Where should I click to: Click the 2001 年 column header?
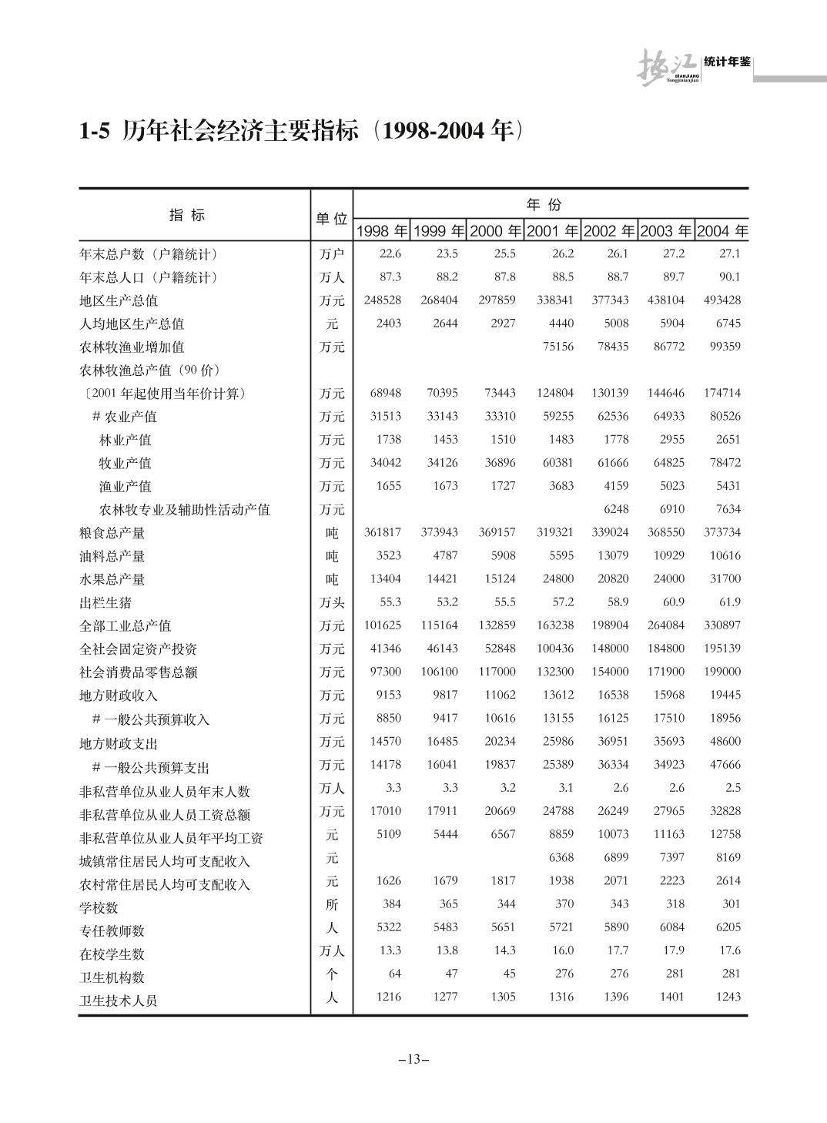(552, 231)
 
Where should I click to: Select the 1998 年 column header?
(382, 231)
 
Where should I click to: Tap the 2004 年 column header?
(722, 231)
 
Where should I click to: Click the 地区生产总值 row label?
(119, 300)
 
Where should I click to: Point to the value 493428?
(722, 300)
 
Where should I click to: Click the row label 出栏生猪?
(105, 602)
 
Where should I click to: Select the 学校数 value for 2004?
(731, 903)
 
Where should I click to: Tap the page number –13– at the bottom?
(413, 1059)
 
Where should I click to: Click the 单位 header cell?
(331, 219)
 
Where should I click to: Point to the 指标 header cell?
(187, 216)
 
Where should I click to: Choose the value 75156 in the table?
(557, 347)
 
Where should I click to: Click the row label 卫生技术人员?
(119, 1001)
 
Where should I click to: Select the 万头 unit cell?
(332, 602)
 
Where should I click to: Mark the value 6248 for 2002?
(615, 509)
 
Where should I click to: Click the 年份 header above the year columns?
(544, 205)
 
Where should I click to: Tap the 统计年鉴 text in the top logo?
(727, 62)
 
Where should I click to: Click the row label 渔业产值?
(126, 486)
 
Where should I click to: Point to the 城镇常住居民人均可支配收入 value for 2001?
(561, 857)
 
